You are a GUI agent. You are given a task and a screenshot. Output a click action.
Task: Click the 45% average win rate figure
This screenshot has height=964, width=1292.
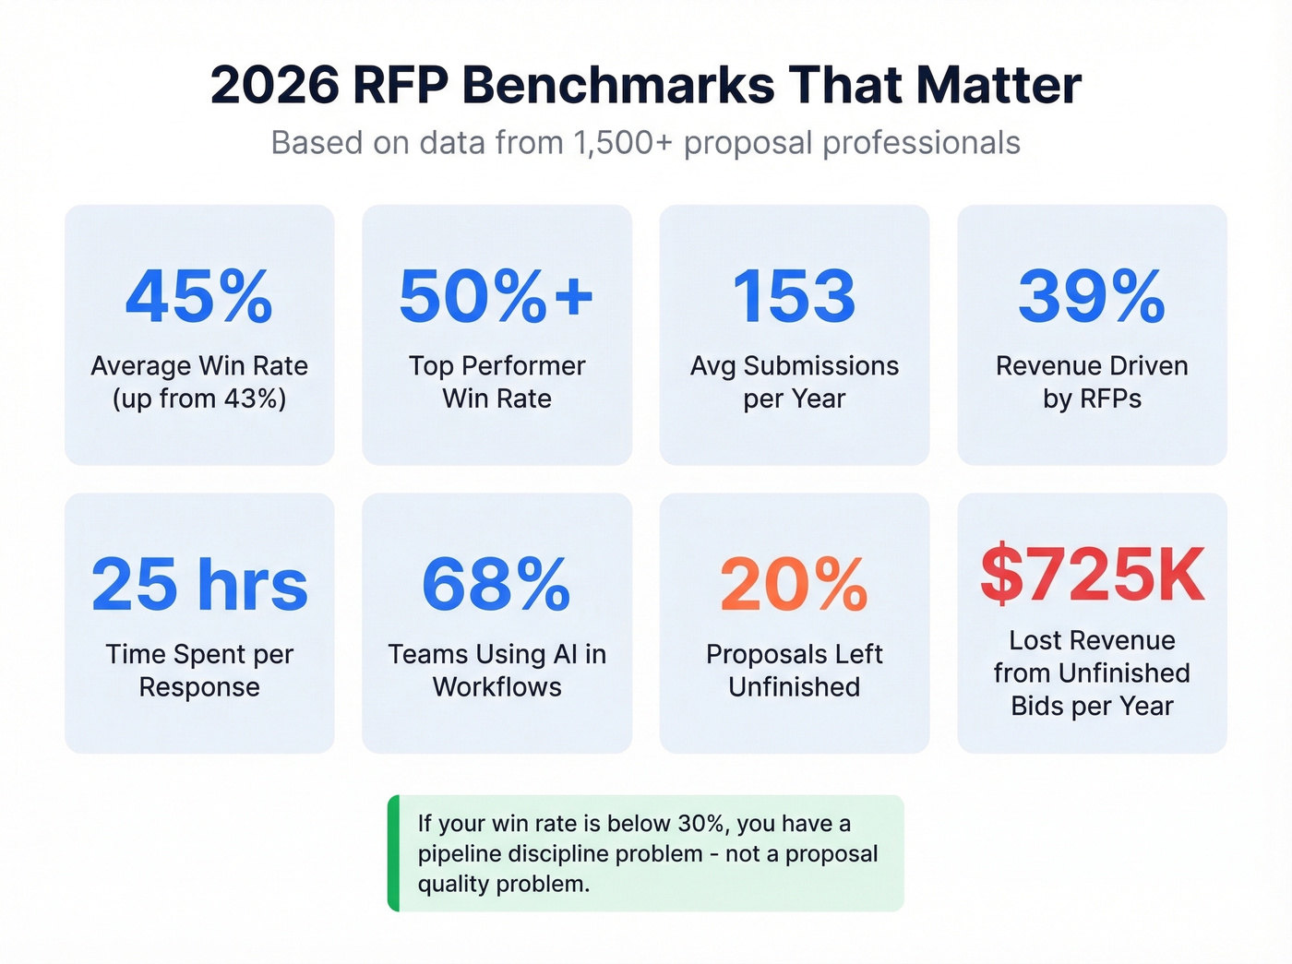coord(199,297)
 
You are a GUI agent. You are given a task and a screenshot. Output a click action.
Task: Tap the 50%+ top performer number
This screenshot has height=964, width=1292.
coord(496,297)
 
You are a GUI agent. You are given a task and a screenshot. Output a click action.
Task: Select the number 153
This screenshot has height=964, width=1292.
coord(794,297)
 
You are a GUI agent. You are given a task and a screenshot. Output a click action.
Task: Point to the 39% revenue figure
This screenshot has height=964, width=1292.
coord(1092,297)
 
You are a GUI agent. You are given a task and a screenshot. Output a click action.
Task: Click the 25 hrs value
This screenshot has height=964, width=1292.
coord(199,585)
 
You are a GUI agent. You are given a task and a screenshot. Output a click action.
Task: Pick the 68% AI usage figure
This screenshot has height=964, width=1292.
coord(496,585)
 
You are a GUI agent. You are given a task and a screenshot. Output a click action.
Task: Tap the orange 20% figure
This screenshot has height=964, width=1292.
coord(794,585)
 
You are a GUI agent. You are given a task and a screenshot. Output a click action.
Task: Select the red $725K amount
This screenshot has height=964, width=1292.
coord(1092,575)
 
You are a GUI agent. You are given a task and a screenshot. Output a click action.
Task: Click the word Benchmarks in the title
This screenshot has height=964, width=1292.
coord(618,86)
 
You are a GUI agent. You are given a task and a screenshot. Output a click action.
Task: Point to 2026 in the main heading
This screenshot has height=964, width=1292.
coord(275,86)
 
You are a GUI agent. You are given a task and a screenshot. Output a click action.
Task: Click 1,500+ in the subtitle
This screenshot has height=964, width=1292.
coord(623,143)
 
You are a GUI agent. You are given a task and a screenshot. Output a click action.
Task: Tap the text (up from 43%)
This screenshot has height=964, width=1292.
coord(199,399)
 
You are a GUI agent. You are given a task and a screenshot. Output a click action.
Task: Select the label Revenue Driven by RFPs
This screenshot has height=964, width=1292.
coord(1092,382)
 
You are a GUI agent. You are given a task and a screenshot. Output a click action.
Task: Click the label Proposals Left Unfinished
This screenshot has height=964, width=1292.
coord(794,670)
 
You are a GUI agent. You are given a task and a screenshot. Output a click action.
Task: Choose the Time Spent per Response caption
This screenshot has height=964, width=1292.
coord(199,670)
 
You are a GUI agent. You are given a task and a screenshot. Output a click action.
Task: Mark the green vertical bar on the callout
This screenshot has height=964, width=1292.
coord(394,853)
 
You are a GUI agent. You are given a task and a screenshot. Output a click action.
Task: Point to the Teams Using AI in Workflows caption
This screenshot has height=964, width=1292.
coord(496,670)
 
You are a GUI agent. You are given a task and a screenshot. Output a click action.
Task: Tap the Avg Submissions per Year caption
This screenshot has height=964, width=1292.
coord(794,382)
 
